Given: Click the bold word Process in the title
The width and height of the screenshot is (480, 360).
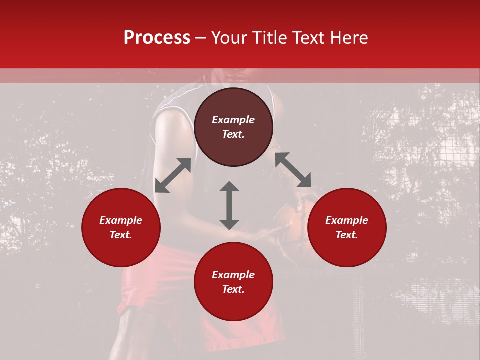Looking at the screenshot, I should tap(157, 38).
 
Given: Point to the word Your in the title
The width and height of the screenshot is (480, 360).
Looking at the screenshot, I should tap(229, 38).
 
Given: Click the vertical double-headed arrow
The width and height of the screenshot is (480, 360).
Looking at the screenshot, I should tap(229, 205).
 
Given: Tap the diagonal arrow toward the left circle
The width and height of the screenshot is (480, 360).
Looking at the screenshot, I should tap(173, 175).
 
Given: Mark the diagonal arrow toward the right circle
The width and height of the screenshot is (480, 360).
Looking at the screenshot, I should tap(293, 169).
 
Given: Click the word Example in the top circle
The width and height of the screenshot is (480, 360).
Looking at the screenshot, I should tap(233, 120).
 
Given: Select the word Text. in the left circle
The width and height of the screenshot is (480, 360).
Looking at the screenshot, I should tap(121, 235).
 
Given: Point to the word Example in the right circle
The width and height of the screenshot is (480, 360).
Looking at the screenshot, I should tap(347, 220).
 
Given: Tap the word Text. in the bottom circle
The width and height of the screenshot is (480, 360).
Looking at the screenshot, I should tap(233, 289).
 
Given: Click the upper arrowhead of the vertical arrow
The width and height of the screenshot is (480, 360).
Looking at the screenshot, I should tap(229, 187).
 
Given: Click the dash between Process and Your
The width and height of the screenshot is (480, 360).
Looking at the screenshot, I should tap(200, 38).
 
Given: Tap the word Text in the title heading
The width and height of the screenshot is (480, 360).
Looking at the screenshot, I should tap(307, 38).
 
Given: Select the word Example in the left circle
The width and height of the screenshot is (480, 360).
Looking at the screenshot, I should tap(121, 220).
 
